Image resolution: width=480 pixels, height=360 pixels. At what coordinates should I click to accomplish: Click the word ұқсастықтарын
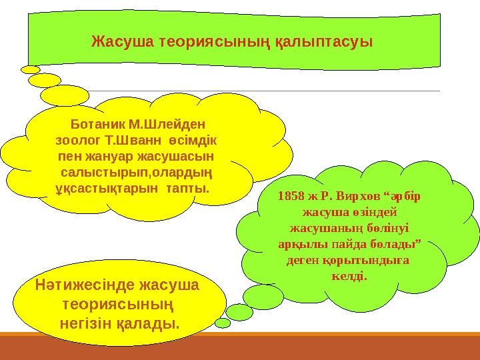(x=90, y=189)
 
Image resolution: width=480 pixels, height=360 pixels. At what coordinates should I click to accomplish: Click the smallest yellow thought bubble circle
(x=30, y=69)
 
